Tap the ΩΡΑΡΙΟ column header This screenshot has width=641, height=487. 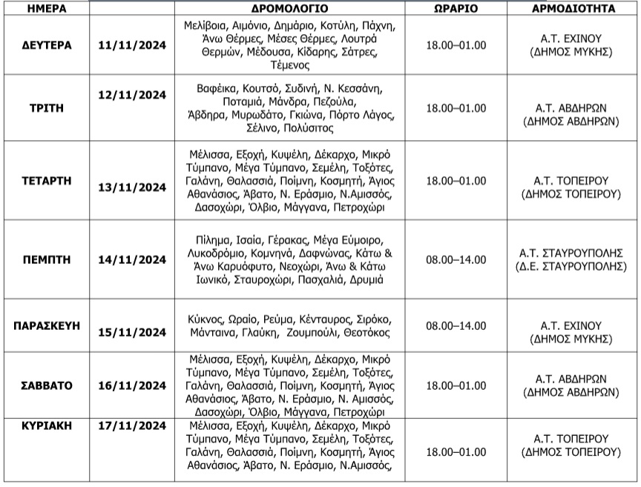[x=456, y=9]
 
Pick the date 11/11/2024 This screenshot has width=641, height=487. [x=132, y=45]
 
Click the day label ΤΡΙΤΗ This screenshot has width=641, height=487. [x=47, y=107]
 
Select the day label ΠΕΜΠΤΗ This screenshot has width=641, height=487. [x=47, y=259]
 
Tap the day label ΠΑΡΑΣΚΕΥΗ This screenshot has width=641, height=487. [x=47, y=326]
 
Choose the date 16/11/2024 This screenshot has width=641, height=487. [x=132, y=385]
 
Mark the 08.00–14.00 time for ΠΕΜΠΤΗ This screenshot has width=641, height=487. [x=456, y=259]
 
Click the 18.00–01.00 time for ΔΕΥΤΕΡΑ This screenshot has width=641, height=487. [x=456, y=45]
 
